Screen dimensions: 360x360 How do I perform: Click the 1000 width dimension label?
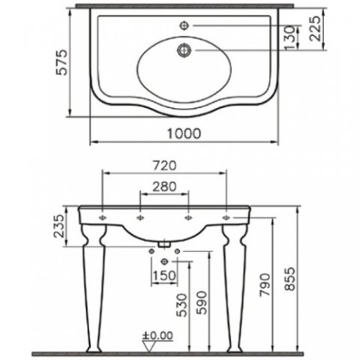[x=184, y=133]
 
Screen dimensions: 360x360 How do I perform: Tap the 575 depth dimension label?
[x=61, y=62]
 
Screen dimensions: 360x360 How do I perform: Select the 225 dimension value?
[x=315, y=28]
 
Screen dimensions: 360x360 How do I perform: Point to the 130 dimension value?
[x=290, y=37]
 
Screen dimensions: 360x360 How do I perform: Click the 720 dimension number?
[x=164, y=166]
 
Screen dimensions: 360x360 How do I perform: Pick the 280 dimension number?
[x=164, y=187]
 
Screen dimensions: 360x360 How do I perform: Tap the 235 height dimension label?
[x=60, y=226]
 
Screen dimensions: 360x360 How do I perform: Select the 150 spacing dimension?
[x=164, y=276]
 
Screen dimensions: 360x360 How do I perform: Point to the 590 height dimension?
[x=202, y=303]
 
